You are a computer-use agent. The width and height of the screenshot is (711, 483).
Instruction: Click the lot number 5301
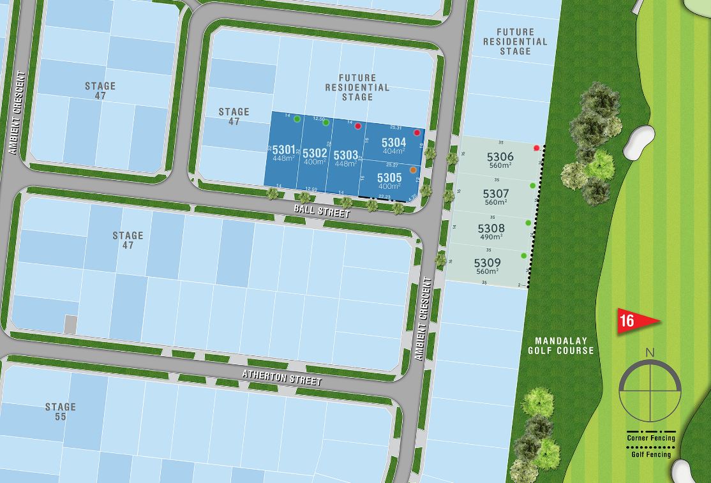pos(283,150)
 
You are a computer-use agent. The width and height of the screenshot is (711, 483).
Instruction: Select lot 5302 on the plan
pos(314,153)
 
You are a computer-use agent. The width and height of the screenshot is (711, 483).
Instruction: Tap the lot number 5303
pos(345,155)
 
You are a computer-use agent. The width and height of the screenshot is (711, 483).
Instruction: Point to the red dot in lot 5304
pos(417,133)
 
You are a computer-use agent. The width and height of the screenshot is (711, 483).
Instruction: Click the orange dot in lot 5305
pos(413,170)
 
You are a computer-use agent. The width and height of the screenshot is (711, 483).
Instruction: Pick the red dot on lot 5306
pos(536,148)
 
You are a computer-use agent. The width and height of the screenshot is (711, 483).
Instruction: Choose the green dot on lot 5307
pos(532,186)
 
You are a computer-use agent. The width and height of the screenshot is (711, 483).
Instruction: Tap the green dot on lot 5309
pos(524,256)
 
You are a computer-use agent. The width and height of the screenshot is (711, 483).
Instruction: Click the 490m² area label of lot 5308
pos(491,237)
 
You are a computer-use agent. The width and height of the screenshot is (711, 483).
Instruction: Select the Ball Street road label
pos(322,211)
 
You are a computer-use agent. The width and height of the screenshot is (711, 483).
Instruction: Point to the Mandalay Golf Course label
pos(560,346)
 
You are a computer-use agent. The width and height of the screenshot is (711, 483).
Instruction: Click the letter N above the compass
pos(650,352)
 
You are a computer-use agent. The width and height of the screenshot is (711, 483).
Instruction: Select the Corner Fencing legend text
pos(650,438)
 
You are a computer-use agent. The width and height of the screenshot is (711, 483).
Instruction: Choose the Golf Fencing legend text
pos(650,454)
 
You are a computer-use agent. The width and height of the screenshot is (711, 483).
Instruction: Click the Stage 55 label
pos(61,412)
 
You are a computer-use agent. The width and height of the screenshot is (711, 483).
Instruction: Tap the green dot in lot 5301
pos(297,119)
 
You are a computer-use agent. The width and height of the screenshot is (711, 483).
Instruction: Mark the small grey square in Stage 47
pos(70,323)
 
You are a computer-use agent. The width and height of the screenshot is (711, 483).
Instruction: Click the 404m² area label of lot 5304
pos(393,152)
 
